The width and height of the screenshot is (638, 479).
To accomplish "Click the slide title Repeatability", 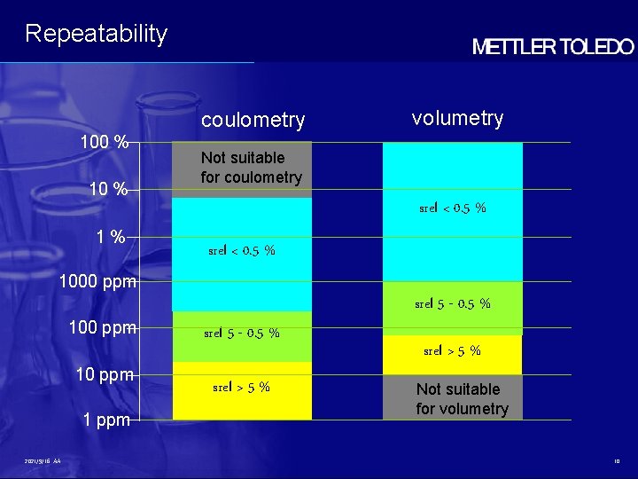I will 96,34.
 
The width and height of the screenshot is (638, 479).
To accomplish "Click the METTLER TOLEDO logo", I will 553,48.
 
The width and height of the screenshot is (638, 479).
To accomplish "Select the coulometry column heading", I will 253,120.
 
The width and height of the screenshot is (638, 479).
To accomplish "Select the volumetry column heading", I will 457,118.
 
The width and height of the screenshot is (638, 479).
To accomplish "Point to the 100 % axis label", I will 105,142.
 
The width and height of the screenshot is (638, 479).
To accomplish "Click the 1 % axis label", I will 111,237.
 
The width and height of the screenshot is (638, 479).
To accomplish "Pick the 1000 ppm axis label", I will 97,283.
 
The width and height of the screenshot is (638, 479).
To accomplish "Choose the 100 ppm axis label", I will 102,328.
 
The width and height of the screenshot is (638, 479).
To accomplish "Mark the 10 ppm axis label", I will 105,374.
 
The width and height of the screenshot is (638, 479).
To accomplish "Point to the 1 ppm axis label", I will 106,420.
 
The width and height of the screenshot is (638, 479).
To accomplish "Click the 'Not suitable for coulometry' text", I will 251,168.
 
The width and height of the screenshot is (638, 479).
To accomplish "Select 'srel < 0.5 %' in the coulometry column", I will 241,251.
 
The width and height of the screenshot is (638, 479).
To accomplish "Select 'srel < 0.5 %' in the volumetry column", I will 452,208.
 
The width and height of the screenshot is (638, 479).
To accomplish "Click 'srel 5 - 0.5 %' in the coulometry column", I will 241,334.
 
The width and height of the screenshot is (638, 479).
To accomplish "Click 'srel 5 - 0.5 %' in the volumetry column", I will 452,304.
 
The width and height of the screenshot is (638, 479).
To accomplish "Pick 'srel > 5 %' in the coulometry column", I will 241,387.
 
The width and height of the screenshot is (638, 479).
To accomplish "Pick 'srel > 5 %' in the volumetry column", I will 452,350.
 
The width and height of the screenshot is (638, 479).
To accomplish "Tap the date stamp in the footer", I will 43,461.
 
